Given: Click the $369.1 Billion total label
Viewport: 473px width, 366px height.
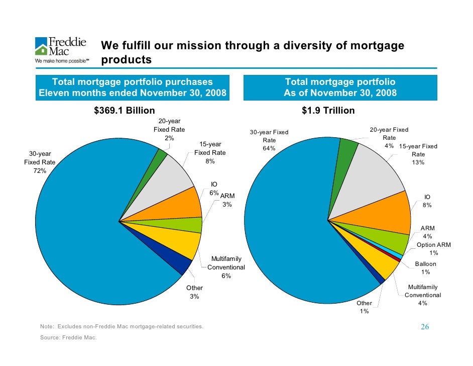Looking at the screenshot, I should [x=125, y=111].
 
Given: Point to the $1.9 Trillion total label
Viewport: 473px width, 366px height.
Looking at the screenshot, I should [x=328, y=111].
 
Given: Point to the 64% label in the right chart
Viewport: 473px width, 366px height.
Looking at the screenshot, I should [x=269, y=148].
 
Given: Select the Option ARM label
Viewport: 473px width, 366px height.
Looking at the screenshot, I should [x=434, y=245].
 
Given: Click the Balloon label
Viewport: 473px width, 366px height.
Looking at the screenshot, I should [x=425, y=264].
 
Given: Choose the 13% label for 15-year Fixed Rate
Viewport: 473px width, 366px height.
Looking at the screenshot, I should [x=418, y=162].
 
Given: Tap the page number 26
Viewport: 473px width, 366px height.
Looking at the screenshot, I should [x=425, y=327].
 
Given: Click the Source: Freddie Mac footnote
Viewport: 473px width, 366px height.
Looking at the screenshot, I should [x=68, y=337].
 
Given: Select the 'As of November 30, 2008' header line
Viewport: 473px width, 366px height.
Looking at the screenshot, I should [x=340, y=93].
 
